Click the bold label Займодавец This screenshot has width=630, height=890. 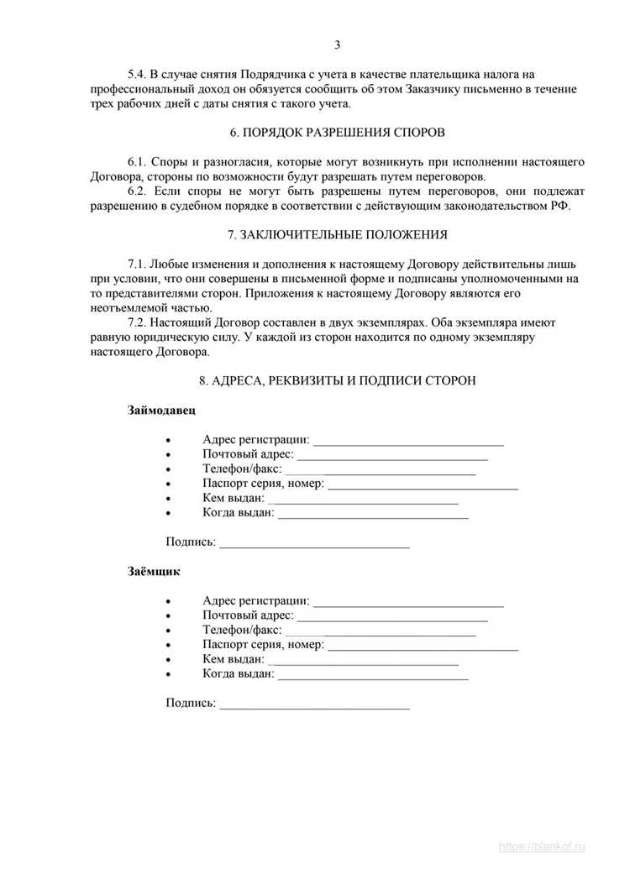point(162,410)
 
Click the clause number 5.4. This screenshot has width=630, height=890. point(134,74)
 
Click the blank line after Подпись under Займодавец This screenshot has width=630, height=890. point(314,544)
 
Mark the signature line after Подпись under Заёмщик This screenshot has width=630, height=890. point(314,705)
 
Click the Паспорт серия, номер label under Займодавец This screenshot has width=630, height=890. point(263,484)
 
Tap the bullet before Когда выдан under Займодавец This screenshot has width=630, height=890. point(171,514)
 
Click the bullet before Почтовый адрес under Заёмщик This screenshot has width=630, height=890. point(171,616)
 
